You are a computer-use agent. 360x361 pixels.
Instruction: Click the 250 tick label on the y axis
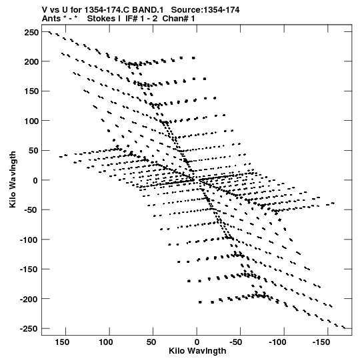[x=31, y=33]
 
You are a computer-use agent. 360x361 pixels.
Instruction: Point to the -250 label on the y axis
[x=29, y=329]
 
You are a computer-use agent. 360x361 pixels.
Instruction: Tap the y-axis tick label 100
[x=31, y=121]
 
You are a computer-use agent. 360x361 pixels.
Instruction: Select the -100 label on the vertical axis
[x=29, y=240]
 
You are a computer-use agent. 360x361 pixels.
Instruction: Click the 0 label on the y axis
[x=35, y=180]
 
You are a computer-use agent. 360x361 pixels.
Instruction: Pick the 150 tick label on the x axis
[x=62, y=342]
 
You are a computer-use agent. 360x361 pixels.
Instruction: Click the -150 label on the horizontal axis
[x=321, y=342]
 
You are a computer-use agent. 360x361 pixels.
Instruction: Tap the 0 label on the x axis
[x=197, y=342]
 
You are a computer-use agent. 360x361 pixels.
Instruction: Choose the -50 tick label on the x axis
[x=236, y=342]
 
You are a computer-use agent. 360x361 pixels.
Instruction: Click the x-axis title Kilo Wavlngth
[x=197, y=351]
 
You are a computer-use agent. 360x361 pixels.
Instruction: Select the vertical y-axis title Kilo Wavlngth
[x=13, y=179]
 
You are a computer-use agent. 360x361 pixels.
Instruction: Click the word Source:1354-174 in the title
[x=205, y=10]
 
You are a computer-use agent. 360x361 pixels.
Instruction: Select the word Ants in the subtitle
[x=51, y=19]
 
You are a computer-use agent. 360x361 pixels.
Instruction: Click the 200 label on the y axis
[x=31, y=62]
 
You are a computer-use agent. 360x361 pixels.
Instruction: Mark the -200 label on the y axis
[x=29, y=300]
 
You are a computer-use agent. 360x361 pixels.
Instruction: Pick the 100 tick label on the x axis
[x=106, y=342]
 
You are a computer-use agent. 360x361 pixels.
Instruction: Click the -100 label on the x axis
[x=277, y=342]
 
